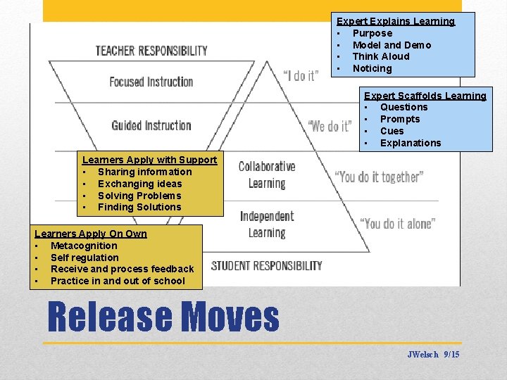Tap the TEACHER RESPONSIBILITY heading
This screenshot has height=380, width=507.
151,51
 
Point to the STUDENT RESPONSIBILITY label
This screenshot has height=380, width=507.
266,265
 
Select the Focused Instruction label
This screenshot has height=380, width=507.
151,82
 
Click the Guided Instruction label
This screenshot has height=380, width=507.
151,126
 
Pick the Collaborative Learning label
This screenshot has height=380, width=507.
266,175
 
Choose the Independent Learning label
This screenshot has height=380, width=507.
266,224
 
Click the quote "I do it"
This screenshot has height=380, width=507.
300,75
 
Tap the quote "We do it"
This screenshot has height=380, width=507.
329,127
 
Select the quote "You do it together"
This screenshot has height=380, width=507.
379,176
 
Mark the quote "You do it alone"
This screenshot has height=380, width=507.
397,224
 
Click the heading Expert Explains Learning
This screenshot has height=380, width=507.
396,22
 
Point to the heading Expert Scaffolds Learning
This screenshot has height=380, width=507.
425,96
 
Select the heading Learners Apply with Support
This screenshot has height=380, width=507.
149,160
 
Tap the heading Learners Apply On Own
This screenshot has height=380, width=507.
91,234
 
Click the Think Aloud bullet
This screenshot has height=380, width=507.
380,56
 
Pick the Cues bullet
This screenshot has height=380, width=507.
392,131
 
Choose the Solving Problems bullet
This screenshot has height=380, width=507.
139,196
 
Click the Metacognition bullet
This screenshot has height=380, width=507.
84,246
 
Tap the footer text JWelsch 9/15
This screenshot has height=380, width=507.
433,355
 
